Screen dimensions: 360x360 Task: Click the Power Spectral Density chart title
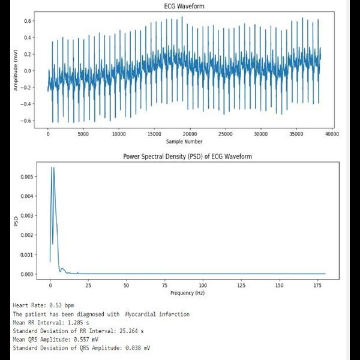point(187,156)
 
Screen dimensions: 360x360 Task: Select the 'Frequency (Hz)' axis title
point(187,292)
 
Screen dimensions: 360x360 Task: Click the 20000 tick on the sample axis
point(190,134)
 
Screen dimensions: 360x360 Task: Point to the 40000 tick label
point(331,134)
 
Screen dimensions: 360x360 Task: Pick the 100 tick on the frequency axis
point(203,284)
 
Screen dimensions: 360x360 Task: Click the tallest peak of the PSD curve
point(52,167)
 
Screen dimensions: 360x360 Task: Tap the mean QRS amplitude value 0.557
point(83,339)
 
